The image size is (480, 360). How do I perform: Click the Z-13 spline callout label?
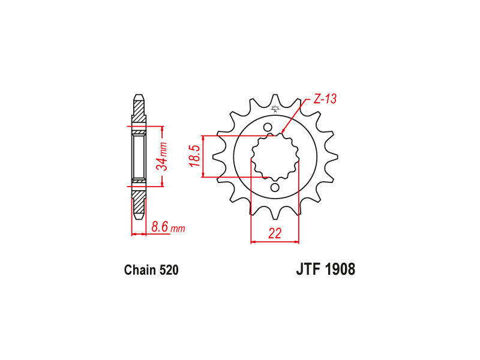(325, 99)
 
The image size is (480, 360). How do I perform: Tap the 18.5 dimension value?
(195, 156)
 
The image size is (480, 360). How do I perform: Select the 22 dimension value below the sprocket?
(275, 233)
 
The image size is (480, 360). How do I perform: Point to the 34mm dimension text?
(161, 156)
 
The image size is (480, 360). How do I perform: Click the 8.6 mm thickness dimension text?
(168, 227)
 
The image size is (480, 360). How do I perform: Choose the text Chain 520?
(151, 270)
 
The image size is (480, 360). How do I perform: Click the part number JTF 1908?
(326, 269)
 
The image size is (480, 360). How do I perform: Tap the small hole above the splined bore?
(268, 127)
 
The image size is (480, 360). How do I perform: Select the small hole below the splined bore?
(275, 187)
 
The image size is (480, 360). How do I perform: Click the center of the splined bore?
(275, 157)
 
